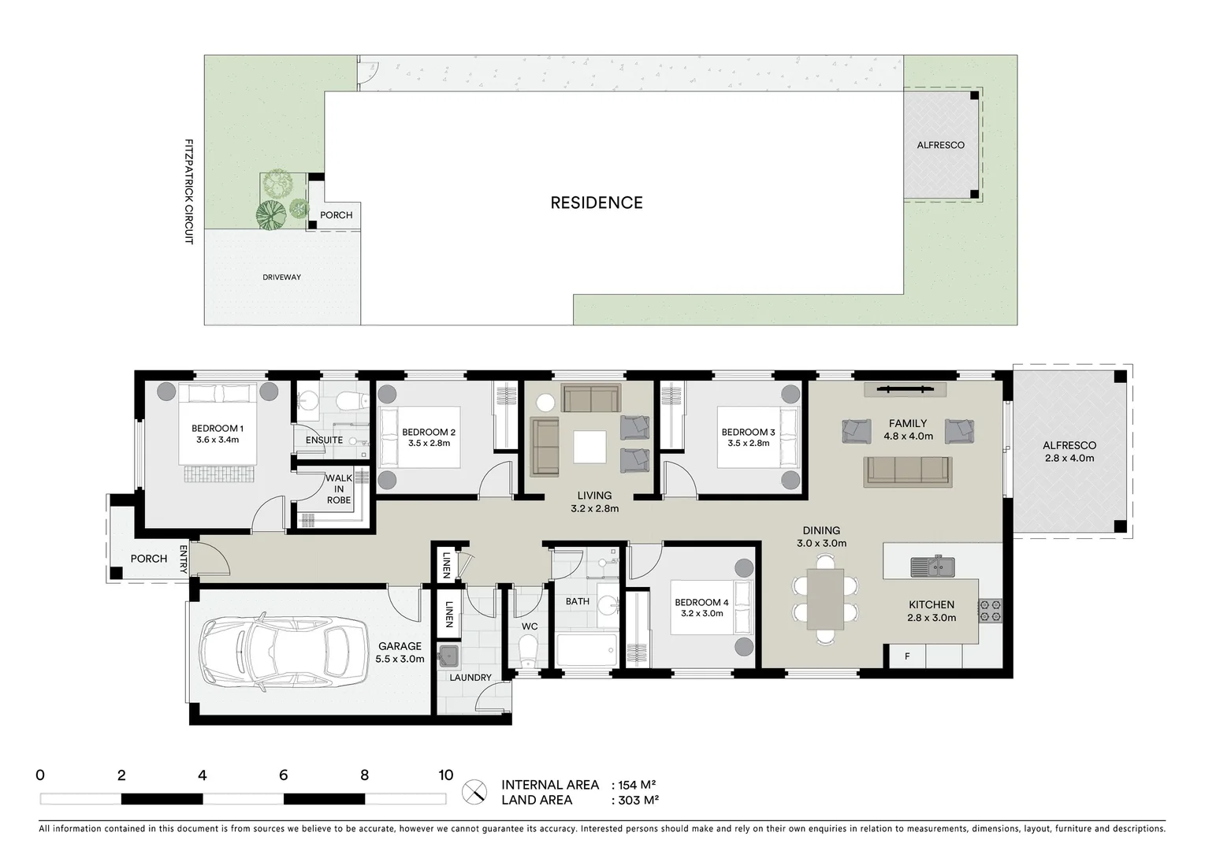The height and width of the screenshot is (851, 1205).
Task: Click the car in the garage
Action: (x=282, y=652)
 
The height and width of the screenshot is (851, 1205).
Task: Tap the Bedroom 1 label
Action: (x=218, y=434)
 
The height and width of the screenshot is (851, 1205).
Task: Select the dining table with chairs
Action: (x=824, y=599)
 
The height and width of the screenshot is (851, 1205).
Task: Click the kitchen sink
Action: (x=932, y=566)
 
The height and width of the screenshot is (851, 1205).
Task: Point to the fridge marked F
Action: (x=907, y=656)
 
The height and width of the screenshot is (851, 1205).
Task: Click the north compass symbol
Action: (x=474, y=792)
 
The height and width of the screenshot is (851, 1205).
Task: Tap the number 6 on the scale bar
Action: (x=283, y=775)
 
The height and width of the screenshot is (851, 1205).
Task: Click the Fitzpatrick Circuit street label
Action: (x=189, y=191)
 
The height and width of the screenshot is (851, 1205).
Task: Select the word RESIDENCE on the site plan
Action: (x=597, y=203)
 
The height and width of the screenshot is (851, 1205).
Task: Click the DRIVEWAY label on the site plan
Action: (x=281, y=277)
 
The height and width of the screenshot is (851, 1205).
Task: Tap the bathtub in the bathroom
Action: (x=586, y=651)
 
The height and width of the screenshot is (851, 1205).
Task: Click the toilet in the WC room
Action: (x=528, y=650)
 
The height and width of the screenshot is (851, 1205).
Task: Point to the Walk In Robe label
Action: (x=339, y=489)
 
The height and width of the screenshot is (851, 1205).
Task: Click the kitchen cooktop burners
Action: (x=990, y=611)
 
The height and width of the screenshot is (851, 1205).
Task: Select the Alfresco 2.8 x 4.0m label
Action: (x=1069, y=452)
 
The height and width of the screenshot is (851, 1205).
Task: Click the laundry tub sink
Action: (x=449, y=656)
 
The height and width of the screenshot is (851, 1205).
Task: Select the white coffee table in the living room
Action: (x=589, y=447)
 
